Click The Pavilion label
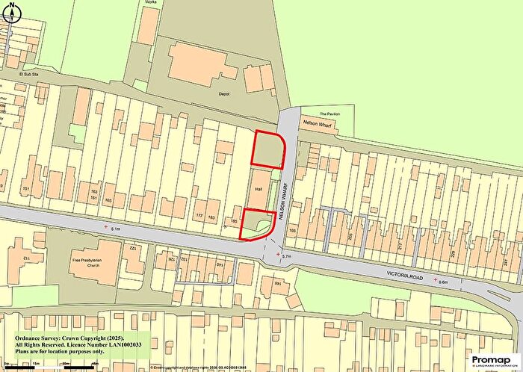pos(329,114)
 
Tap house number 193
pos(292,232)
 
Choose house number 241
pos(513,261)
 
